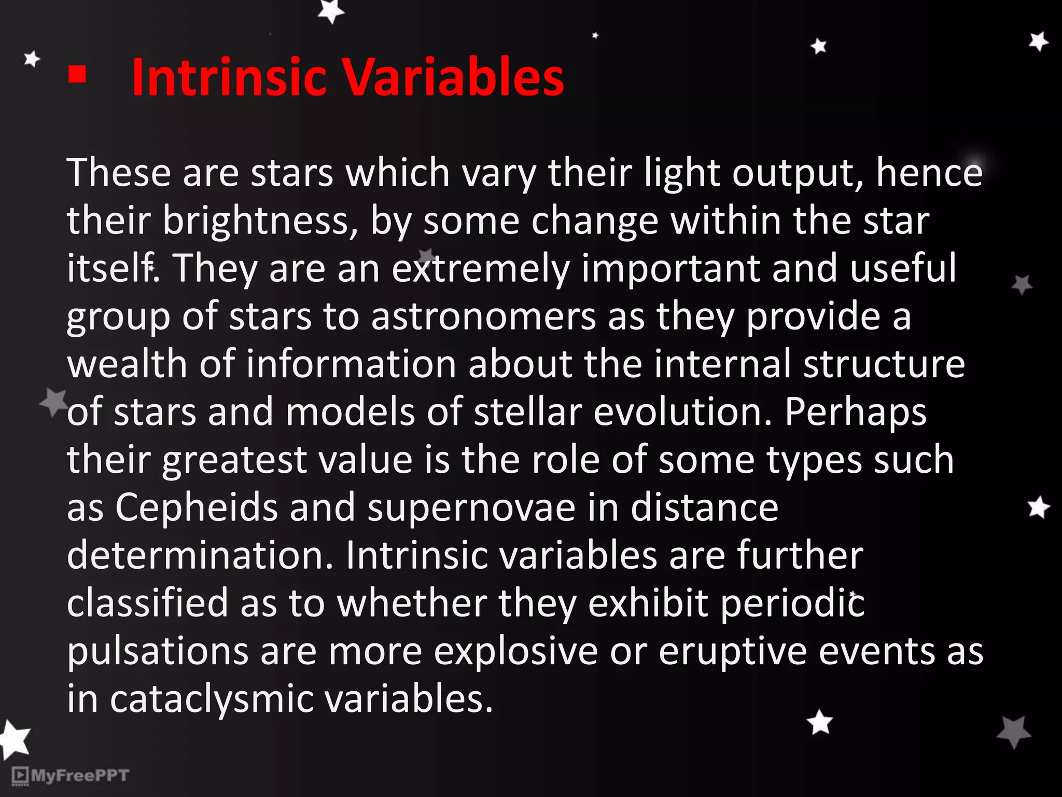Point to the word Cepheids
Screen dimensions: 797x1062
(x=197, y=507)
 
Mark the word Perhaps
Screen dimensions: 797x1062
(x=855, y=413)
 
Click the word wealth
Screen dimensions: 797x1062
(x=127, y=364)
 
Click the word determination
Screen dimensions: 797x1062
(x=200, y=555)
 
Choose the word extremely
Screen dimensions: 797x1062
(x=480, y=269)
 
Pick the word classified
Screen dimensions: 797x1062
(x=147, y=603)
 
